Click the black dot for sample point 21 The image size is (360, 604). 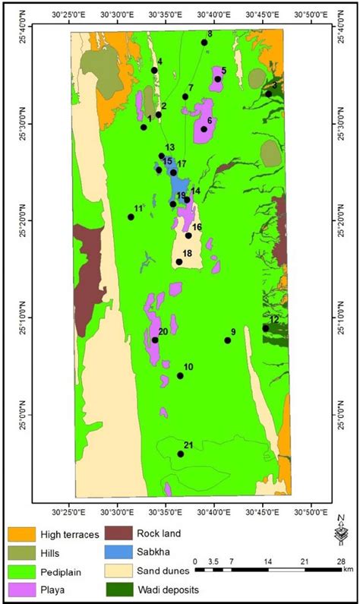pos(181,454)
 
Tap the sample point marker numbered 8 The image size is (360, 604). pos(204,43)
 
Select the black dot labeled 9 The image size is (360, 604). pos(228,340)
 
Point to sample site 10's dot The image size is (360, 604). pos(180,375)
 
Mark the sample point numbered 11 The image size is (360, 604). pos(131,217)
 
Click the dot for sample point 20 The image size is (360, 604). pos(155,340)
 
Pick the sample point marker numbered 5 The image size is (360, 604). pos(217,79)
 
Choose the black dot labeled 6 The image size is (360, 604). pos(204,129)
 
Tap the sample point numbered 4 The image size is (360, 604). pos(154,70)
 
